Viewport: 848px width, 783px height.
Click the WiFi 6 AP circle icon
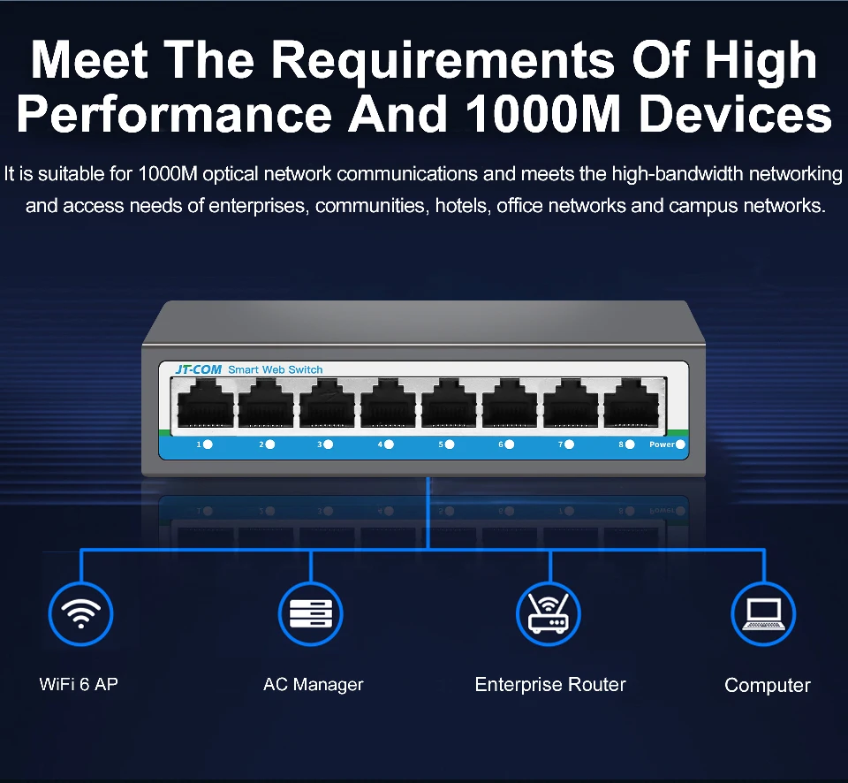[x=80, y=612]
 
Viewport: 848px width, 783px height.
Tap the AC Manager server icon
[x=311, y=612]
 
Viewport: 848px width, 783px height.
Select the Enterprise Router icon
[x=549, y=612]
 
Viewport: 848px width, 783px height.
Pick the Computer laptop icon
[x=764, y=612]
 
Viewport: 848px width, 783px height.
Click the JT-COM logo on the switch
[x=198, y=369]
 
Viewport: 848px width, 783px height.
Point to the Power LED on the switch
[x=681, y=445]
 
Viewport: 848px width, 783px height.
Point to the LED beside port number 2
[x=269, y=445]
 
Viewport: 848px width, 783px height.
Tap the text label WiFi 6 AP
[x=79, y=684]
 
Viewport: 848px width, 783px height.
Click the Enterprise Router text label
[x=549, y=684]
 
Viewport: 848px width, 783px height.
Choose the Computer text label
[x=767, y=685]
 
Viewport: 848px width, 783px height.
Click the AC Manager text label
[x=313, y=684]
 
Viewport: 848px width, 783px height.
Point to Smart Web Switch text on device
[x=276, y=369]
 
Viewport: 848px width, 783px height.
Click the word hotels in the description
[x=463, y=207]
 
